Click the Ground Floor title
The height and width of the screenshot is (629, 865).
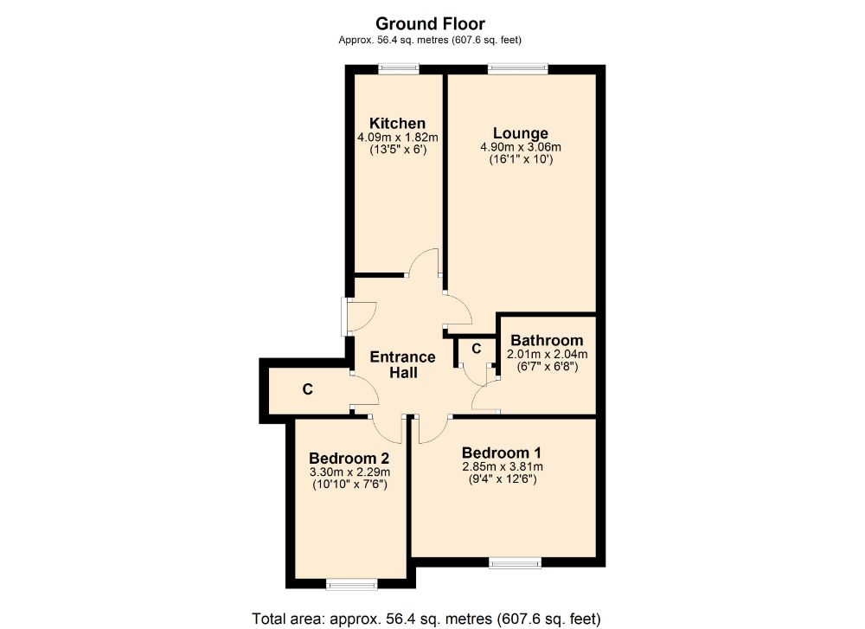tap(429, 24)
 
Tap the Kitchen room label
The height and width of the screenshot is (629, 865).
tap(397, 124)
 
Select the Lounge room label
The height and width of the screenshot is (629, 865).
tap(521, 133)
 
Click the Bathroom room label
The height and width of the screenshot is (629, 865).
tap(547, 341)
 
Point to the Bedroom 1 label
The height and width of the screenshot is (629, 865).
tap(502, 453)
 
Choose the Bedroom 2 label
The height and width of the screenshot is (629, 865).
tap(349, 459)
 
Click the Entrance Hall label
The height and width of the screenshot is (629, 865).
tap(403, 365)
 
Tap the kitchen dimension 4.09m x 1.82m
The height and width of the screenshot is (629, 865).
tap(397, 138)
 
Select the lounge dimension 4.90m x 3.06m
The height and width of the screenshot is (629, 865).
tap(521, 147)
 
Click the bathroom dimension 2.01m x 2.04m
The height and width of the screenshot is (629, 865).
tap(547, 354)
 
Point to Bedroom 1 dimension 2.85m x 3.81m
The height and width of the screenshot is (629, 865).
tap(502, 467)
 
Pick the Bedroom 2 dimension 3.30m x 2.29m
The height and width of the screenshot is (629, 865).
tap(349, 472)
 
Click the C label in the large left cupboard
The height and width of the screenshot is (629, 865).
tap(307, 390)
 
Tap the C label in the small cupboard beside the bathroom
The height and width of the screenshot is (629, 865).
tap(476, 349)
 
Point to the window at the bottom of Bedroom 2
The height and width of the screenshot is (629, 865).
tap(352, 585)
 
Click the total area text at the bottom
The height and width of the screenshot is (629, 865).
tap(426, 618)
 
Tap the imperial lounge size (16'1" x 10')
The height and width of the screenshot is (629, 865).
tap(521, 160)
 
